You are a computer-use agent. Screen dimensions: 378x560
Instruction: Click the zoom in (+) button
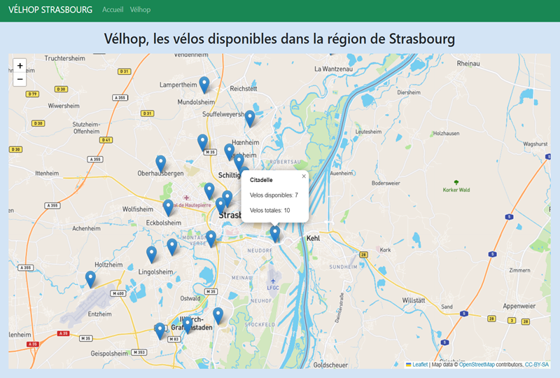20,66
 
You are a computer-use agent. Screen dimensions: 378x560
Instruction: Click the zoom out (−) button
20,79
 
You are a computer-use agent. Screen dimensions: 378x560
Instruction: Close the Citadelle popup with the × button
304,176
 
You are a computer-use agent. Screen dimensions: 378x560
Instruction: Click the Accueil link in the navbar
112,10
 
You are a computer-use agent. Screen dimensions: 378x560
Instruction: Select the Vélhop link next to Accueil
140,10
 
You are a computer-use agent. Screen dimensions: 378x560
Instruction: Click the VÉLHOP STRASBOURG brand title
50,10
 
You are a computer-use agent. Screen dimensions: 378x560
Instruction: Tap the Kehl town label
313,239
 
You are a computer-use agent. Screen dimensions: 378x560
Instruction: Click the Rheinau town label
469,63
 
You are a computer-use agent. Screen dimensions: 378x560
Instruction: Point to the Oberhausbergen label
160,173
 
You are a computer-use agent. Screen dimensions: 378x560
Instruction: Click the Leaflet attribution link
420,365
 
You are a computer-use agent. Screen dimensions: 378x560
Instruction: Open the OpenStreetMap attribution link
490,365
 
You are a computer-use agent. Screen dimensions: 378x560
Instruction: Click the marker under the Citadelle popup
275,233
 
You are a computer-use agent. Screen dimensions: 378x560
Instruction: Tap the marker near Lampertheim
204,85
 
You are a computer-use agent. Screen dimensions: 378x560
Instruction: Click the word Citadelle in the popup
261,181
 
